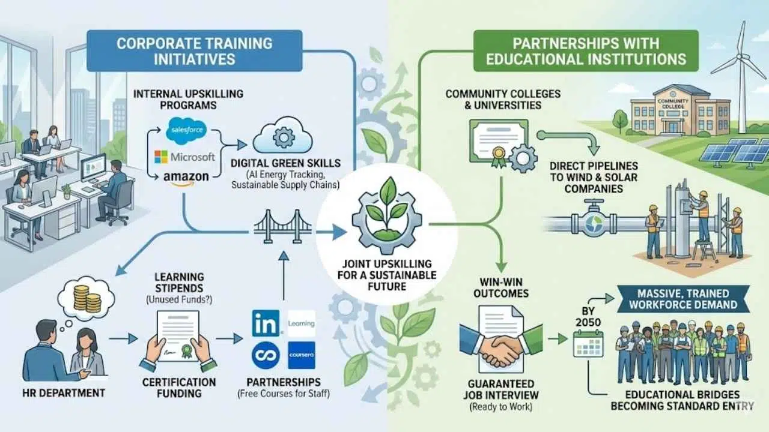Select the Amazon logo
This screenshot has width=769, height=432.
point(186,178)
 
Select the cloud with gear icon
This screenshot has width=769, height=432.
point(280,139)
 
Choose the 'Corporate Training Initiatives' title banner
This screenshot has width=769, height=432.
point(193,51)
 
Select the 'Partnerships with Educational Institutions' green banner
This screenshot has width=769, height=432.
point(586,51)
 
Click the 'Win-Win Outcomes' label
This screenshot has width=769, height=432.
point(500,287)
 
